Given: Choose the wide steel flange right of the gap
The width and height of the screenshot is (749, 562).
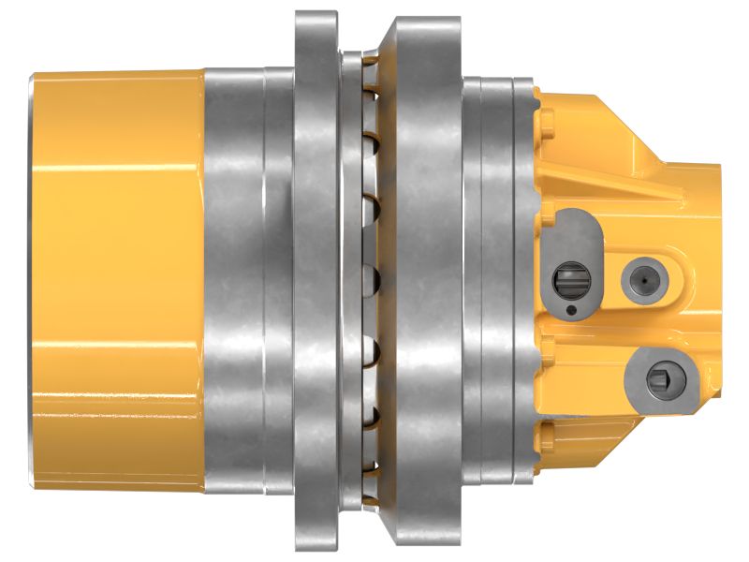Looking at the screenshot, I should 421,281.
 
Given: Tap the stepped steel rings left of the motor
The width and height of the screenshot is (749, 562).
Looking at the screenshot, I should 496,281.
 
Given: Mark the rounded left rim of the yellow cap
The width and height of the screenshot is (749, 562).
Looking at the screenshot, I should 35,281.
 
